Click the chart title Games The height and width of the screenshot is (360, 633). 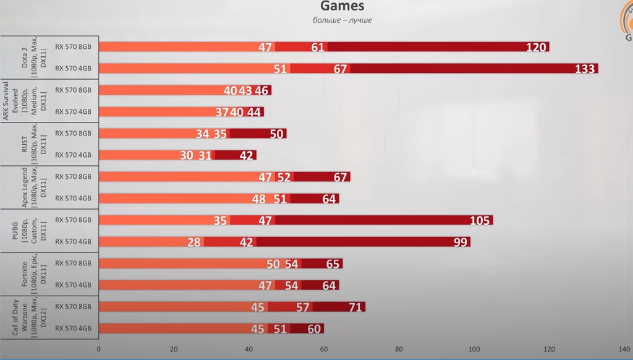[x=342, y=7]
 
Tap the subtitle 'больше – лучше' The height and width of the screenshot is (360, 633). [x=342, y=20]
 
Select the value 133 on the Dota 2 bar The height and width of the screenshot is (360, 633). [x=584, y=69]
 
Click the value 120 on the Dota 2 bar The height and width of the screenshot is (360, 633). [x=536, y=47]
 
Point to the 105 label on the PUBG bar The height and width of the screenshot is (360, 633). [x=480, y=220]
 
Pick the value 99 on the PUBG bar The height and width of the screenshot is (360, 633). [x=460, y=242]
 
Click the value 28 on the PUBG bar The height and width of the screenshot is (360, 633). [x=194, y=242]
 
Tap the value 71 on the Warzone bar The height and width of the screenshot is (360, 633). [x=355, y=307]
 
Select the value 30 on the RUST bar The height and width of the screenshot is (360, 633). [x=187, y=155]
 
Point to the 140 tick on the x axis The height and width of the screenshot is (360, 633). [x=624, y=348]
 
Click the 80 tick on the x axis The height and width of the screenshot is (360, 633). [x=399, y=348]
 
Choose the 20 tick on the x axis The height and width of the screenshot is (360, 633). [x=174, y=348]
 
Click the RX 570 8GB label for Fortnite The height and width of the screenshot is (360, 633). [x=73, y=263]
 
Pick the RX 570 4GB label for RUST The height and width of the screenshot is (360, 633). [x=73, y=155]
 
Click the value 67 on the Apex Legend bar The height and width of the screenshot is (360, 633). [x=340, y=177]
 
